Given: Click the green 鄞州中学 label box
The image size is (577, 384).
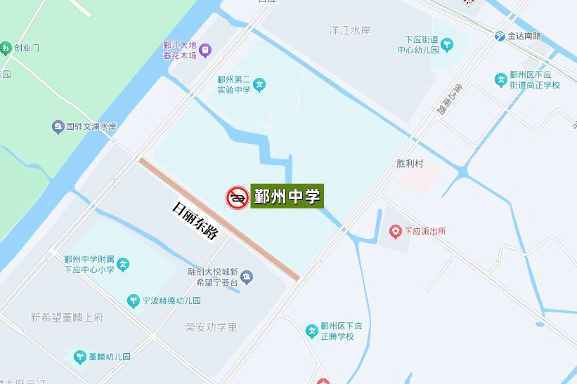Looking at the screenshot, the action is click(287, 197).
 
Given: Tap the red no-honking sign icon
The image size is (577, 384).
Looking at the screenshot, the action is click(237, 197).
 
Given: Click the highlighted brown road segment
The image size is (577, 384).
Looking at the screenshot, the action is click(219, 218).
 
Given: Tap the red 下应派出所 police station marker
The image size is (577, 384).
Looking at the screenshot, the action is click(396, 231).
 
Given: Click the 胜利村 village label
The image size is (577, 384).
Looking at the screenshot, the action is click(410, 164).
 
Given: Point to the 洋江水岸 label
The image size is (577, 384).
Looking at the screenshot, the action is click(349, 30).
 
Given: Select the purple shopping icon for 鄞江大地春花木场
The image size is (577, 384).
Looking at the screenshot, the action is click(205, 49).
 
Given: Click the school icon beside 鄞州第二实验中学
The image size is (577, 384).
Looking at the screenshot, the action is click(260, 85).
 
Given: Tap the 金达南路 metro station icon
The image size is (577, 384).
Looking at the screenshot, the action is click(500, 37).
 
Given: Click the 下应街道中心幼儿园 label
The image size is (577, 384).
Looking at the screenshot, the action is click(422, 44).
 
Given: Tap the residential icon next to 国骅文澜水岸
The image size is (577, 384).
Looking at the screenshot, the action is click(58, 127).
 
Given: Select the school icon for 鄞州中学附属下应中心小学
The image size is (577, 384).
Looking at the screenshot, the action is click(124, 264).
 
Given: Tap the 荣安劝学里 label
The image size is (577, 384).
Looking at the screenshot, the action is click(212, 326).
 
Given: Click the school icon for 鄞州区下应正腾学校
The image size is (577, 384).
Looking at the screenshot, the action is click(311, 331).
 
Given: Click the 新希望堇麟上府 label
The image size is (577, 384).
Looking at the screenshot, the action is click(67, 317).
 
